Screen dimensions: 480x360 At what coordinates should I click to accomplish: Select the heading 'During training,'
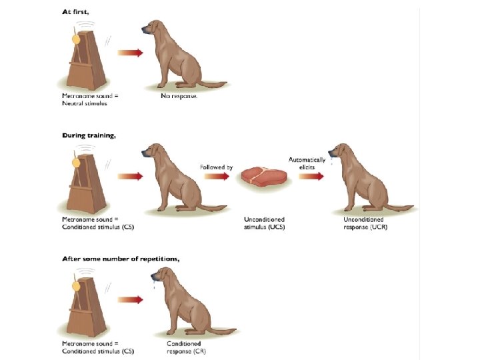coord(89,135)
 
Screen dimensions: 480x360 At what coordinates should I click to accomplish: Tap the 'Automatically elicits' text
coord(307,163)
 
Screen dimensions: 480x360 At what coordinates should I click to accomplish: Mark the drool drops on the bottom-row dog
coord(154,285)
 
